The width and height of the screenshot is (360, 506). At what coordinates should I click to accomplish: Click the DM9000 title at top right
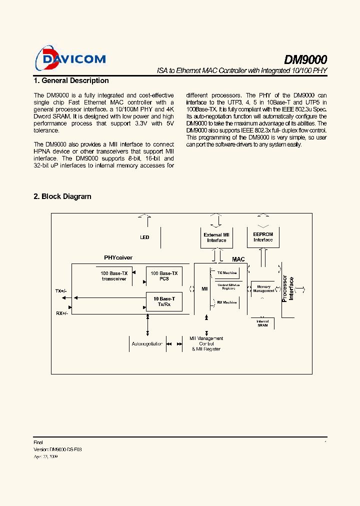click(x=305, y=59)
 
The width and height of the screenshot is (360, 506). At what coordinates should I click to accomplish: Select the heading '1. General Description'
click(x=71, y=80)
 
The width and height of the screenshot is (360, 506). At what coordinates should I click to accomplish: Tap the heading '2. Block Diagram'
click(x=62, y=196)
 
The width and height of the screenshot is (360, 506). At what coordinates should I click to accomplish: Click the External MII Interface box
click(x=216, y=237)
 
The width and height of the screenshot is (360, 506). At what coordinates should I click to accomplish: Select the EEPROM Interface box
click(x=263, y=237)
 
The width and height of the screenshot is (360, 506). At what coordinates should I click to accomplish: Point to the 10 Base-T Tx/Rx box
click(x=164, y=301)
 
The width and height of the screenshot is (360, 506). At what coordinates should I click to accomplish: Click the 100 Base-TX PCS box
click(x=164, y=276)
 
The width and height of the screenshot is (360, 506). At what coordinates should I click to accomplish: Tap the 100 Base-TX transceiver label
click(x=114, y=276)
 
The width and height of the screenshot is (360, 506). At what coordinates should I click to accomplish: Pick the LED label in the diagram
click(x=144, y=237)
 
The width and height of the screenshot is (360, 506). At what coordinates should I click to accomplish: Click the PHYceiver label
click(x=118, y=258)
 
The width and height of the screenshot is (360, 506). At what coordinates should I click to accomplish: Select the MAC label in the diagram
click(x=238, y=259)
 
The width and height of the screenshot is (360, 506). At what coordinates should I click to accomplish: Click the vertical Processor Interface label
click(x=288, y=288)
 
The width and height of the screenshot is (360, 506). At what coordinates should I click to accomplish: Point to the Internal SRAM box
click(x=262, y=323)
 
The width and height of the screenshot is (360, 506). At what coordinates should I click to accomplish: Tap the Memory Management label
click(x=263, y=288)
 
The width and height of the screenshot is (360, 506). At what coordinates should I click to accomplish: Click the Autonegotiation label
click(x=147, y=344)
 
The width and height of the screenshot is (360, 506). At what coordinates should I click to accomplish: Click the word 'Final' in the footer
click(x=38, y=442)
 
